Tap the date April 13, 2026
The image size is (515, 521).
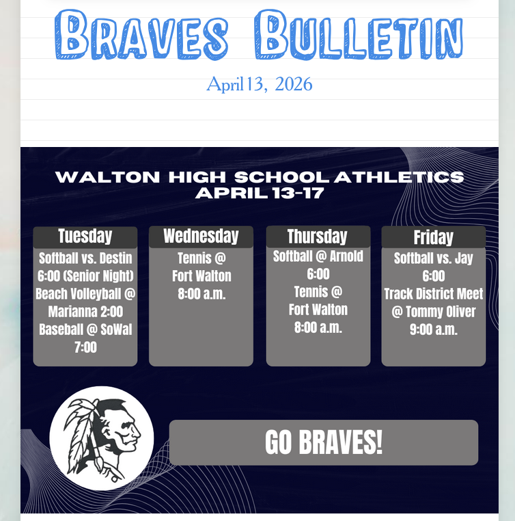click(x=260, y=84)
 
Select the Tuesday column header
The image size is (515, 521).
click(x=85, y=237)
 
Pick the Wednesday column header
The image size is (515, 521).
click(x=201, y=237)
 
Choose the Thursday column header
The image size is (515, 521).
click(x=318, y=237)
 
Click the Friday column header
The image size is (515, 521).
click(x=433, y=237)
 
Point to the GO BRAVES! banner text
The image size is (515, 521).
click(x=324, y=442)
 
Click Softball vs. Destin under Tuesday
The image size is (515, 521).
click(x=85, y=258)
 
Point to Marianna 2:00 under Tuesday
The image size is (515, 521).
click(x=85, y=312)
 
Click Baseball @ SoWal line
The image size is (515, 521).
click(x=85, y=330)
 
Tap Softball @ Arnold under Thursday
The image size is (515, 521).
click(x=318, y=256)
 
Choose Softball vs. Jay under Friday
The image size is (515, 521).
click(x=433, y=258)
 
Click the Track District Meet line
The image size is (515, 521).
click(x=433, y=294)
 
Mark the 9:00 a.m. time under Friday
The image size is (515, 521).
click(x=433, y=330)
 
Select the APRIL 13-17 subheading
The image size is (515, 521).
click(x=260, y=193)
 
